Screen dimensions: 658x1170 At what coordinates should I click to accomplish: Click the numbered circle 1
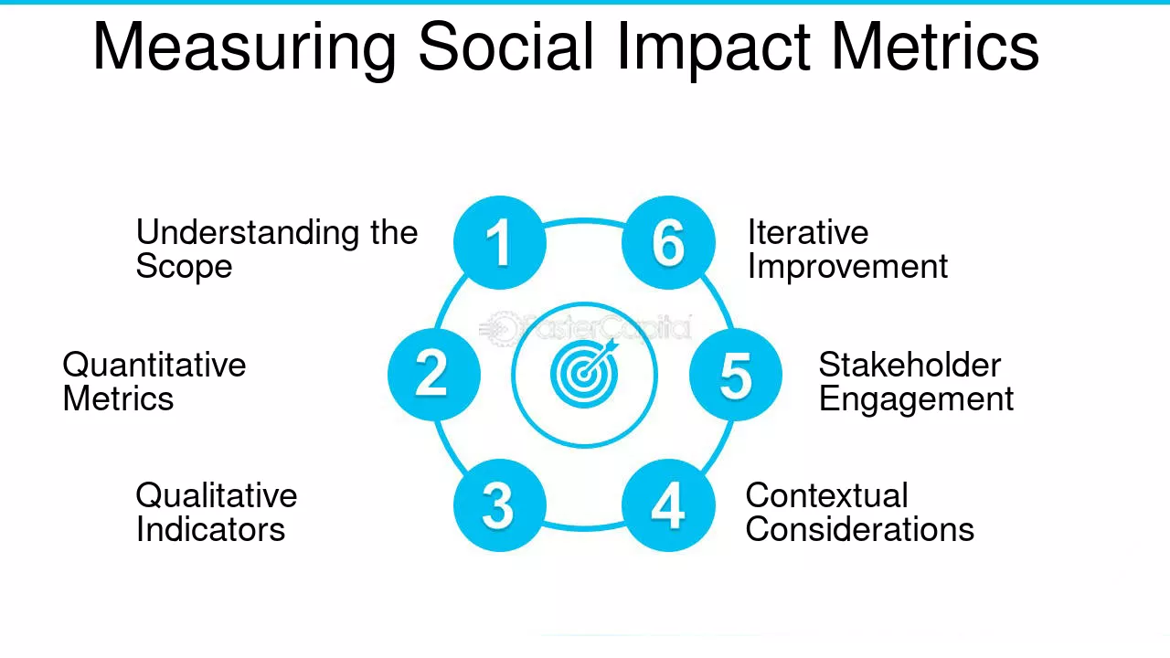click(500, 243)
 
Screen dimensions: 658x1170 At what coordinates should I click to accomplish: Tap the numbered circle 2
click(433, 374)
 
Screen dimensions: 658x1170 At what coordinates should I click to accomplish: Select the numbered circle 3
click(500, 505)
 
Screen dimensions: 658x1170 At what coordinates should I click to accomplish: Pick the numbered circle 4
click(668, 505)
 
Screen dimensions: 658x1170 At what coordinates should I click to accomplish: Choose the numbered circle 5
click(735, 374)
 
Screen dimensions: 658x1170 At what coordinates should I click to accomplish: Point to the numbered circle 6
click(668, 243)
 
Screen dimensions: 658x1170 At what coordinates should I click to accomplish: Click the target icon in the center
click(584, 374)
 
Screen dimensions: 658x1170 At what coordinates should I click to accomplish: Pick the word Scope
click(184, 268)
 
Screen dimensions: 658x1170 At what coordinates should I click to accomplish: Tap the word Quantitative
click(154, 366)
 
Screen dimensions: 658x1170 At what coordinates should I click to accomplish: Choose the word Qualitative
click(217, 496)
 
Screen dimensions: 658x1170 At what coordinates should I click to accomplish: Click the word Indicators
click(210, 530)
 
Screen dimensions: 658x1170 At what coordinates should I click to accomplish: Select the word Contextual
click(826, 496)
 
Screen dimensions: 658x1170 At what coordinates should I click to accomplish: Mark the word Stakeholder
click(909, 366)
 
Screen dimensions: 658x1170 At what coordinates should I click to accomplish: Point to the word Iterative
click(807, 233)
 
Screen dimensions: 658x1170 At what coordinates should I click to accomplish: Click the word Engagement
click(916, 400)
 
